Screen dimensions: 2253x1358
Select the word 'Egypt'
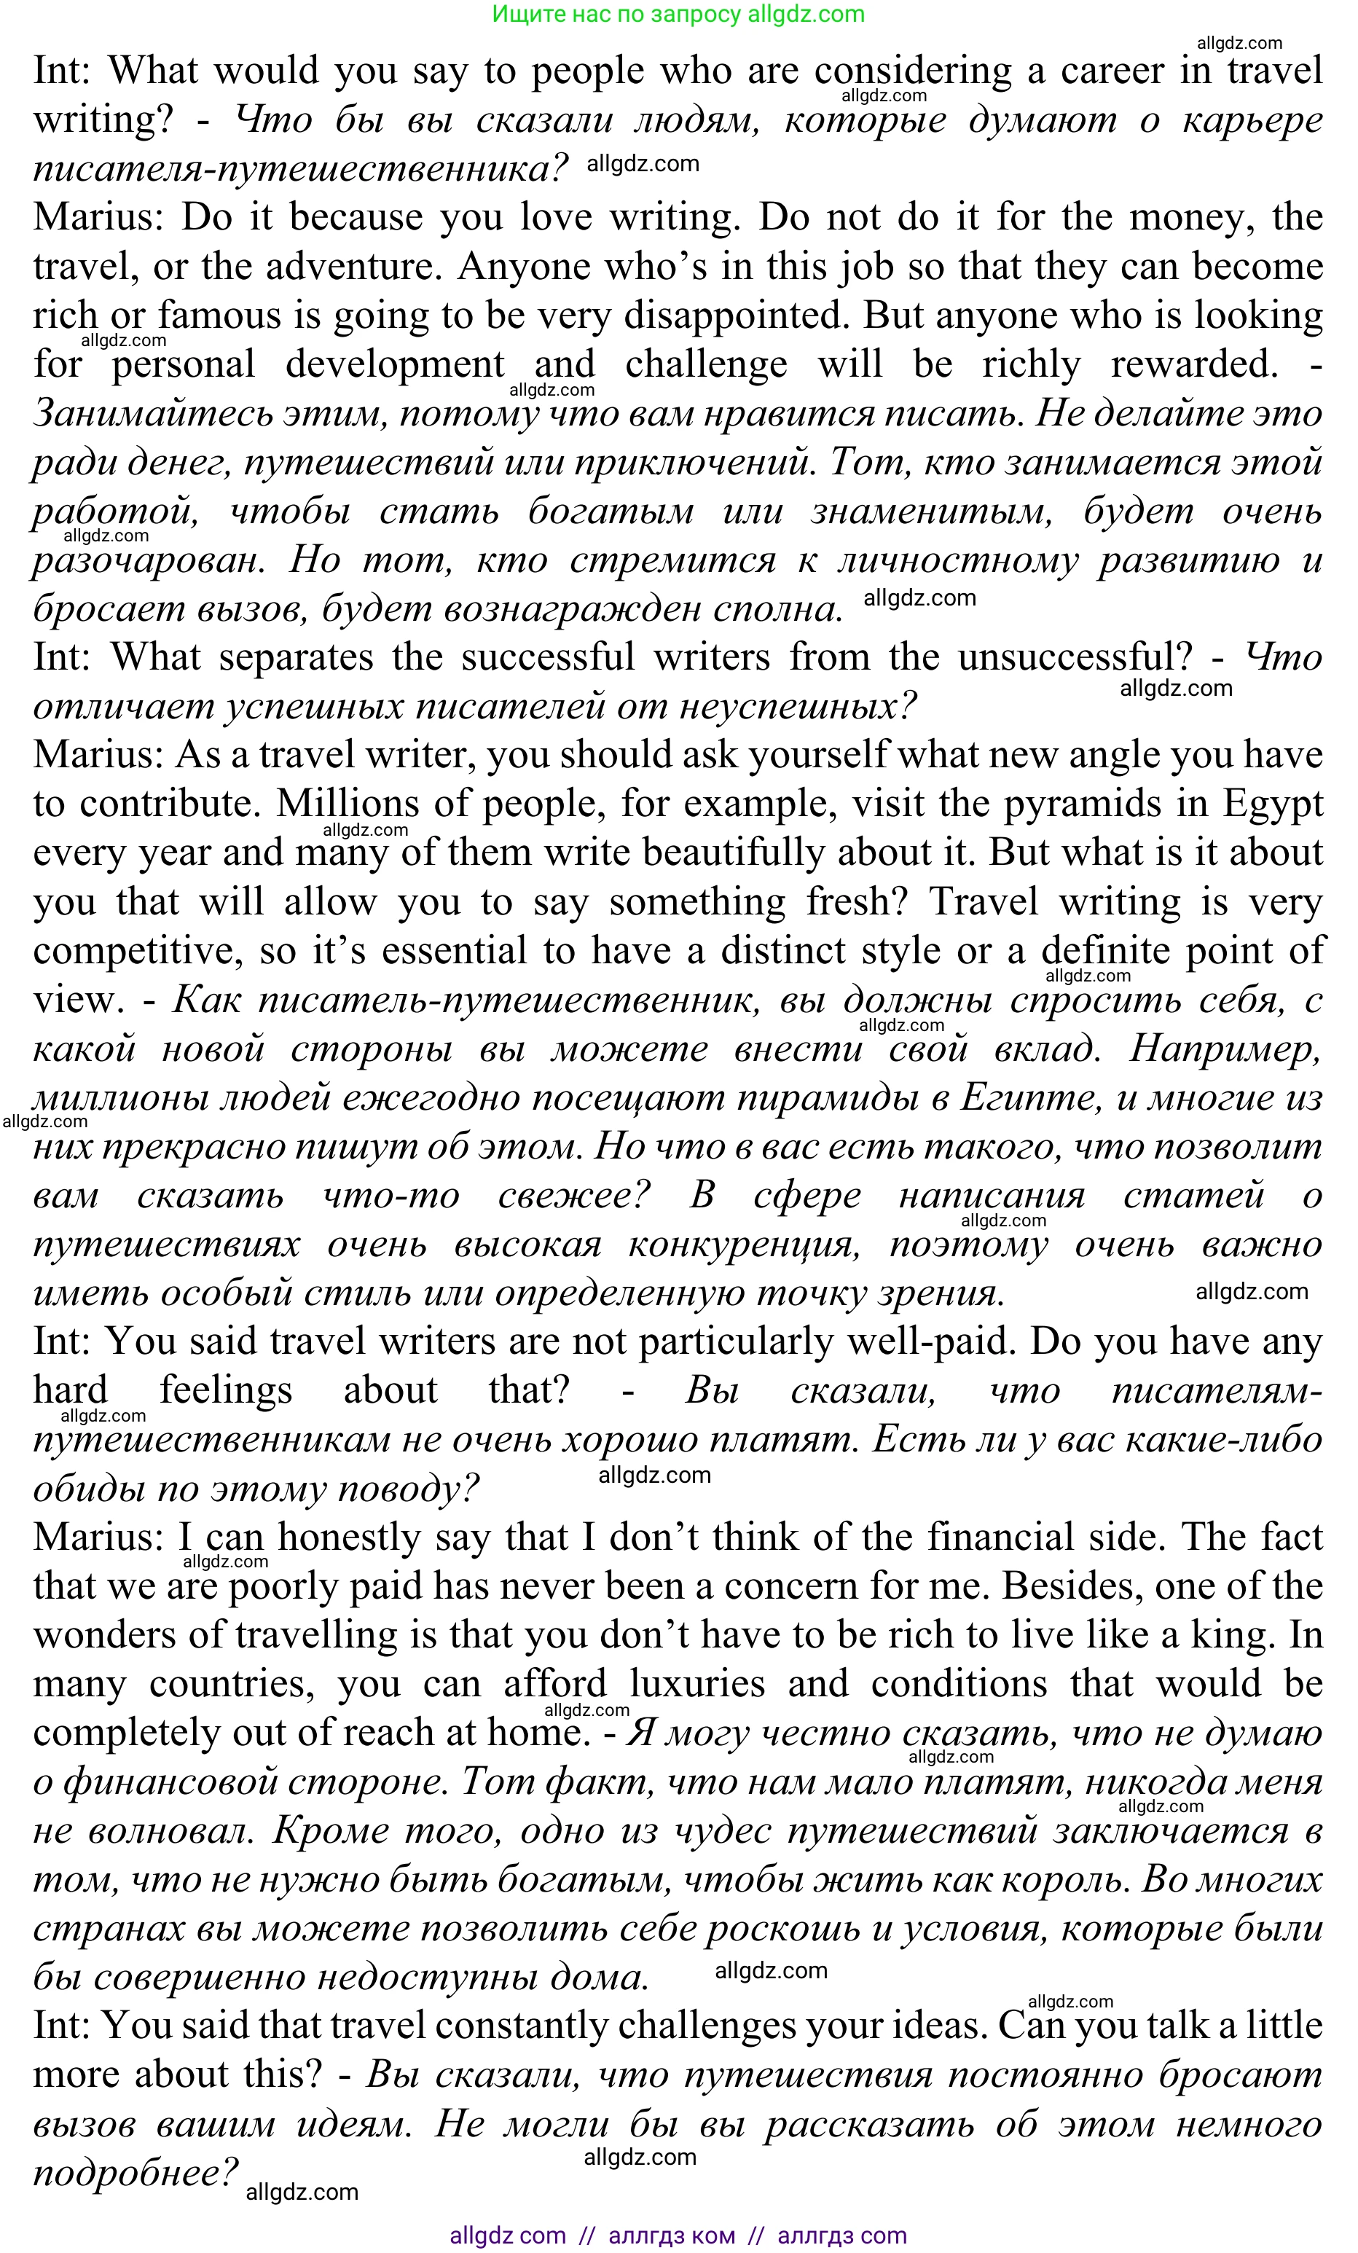coord(1272,804)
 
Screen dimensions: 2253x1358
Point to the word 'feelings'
coord(226,1391)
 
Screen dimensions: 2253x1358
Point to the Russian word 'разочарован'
coord(148,560)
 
